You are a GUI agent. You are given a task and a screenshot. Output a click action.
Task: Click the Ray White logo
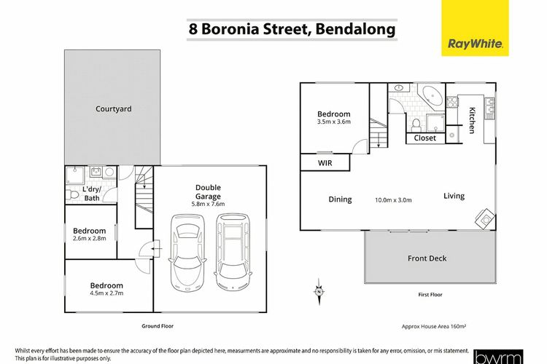pos(475,28)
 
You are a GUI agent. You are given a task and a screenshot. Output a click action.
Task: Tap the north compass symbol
pos(319,291)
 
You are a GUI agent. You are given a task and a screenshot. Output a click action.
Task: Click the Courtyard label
pos(114,109)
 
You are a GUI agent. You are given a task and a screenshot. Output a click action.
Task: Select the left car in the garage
pos(187,252)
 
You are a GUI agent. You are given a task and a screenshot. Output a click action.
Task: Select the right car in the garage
pos(233,251)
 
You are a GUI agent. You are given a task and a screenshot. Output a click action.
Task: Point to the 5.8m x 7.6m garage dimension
pos(208,204)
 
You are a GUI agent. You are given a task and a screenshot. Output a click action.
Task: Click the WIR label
pos(325,163)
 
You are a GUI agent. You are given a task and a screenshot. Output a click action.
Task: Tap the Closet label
pos(425,138)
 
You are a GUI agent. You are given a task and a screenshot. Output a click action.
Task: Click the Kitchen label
pos(472,120)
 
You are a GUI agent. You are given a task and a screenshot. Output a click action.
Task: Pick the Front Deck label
pos(427,258)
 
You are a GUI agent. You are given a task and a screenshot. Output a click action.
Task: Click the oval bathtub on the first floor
pos(432,95)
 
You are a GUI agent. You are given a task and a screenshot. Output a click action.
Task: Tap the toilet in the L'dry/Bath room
pos(72,194)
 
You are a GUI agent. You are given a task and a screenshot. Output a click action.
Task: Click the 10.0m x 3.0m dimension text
pos(393,200)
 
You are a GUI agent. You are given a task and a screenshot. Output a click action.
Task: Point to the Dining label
pos(340,199)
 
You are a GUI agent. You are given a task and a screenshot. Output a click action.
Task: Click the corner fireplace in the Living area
pos(485,218)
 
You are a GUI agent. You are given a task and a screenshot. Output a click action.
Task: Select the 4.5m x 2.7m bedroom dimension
pos(106,293)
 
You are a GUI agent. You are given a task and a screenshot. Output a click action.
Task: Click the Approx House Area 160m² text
pos(434,327)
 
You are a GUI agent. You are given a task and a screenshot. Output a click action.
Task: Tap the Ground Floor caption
pos(158,326)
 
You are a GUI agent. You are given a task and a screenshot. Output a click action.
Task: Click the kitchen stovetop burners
pos(452,102)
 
